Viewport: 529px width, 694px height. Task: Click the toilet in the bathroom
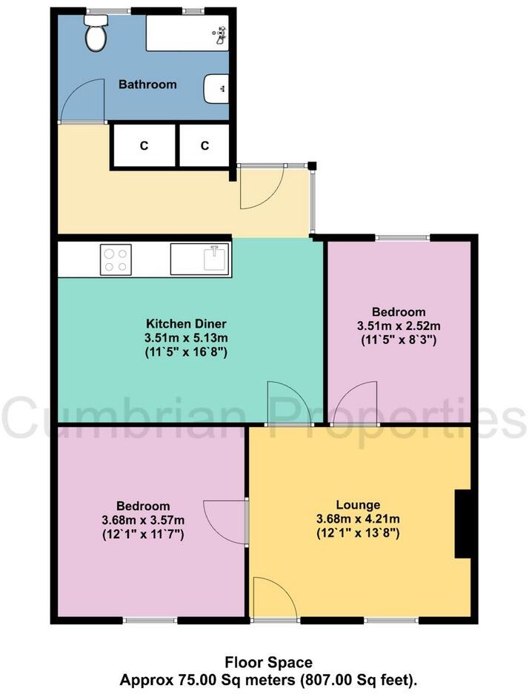click(x=95, y=34)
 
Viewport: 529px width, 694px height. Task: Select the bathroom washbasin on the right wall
click(x=216, y=89)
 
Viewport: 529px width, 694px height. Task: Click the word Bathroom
click(x=148, y=85)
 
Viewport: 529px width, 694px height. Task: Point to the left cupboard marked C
click(x=144, y=146)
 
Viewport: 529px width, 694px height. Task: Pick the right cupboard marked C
click(x=204, y=146)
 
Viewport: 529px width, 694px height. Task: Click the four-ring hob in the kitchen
click(x=116, y=260)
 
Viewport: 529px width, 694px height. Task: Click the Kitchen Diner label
click(x=186, y=324)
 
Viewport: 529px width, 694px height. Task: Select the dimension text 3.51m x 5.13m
click(x=186, y=338)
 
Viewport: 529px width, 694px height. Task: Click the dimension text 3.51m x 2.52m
click(x=399, y=326)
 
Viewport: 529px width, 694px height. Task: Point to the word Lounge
click(x=358, y=505)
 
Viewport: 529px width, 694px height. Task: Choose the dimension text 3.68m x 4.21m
click(x=358, y=519)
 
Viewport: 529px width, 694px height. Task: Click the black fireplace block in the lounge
click(x=463, y=523)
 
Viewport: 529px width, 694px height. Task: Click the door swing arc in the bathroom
click(x=80, y=100)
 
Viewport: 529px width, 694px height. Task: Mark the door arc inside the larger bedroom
click(x=224, y=523)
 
